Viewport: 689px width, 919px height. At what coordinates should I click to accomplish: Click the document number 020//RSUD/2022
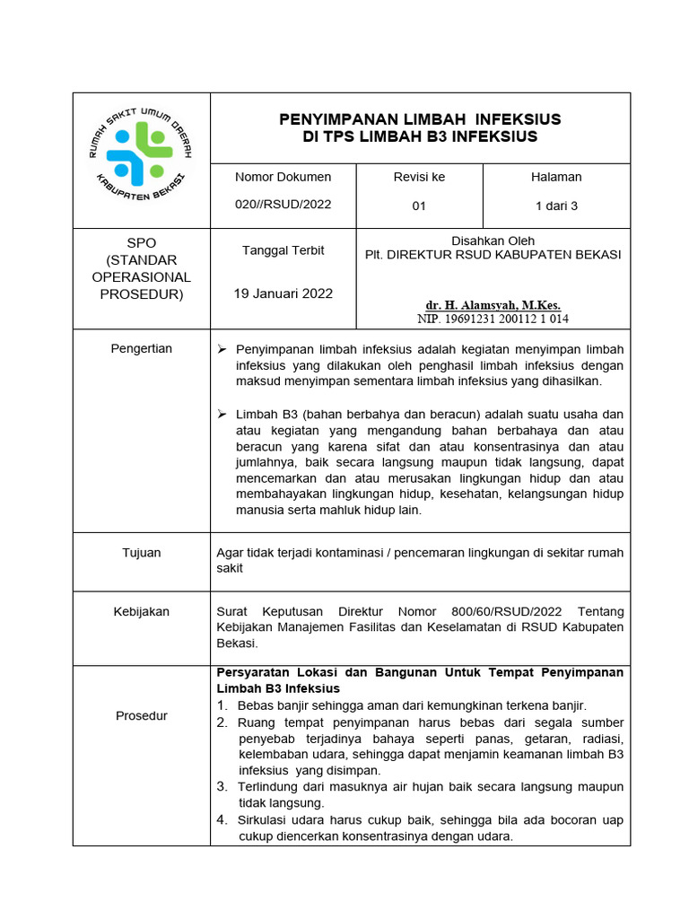(283, 204)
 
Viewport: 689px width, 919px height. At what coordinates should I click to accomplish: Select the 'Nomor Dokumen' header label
(283, 177)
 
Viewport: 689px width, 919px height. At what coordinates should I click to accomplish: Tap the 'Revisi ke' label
(419, 177)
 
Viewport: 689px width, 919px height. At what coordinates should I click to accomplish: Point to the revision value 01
(419, 206)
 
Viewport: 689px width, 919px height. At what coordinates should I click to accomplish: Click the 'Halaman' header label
(556, 177)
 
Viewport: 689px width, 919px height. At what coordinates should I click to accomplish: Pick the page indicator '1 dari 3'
(556, 206)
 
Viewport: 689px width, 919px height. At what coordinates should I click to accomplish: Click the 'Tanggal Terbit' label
(283, 250)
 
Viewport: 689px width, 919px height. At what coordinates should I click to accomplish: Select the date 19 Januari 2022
(283, 293)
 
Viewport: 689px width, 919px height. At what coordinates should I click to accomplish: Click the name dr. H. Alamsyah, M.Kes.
(493, 305)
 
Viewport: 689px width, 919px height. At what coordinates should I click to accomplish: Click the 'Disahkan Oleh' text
(493, 241)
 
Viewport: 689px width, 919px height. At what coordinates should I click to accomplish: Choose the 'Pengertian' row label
(141, 348)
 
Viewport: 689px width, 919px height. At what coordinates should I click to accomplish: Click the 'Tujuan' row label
(141, 553)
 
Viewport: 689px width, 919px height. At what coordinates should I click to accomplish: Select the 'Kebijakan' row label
(141, 611)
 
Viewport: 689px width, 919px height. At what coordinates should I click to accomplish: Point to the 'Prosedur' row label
(141, 715)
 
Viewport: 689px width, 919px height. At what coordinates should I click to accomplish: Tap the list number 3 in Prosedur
(222, 787)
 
